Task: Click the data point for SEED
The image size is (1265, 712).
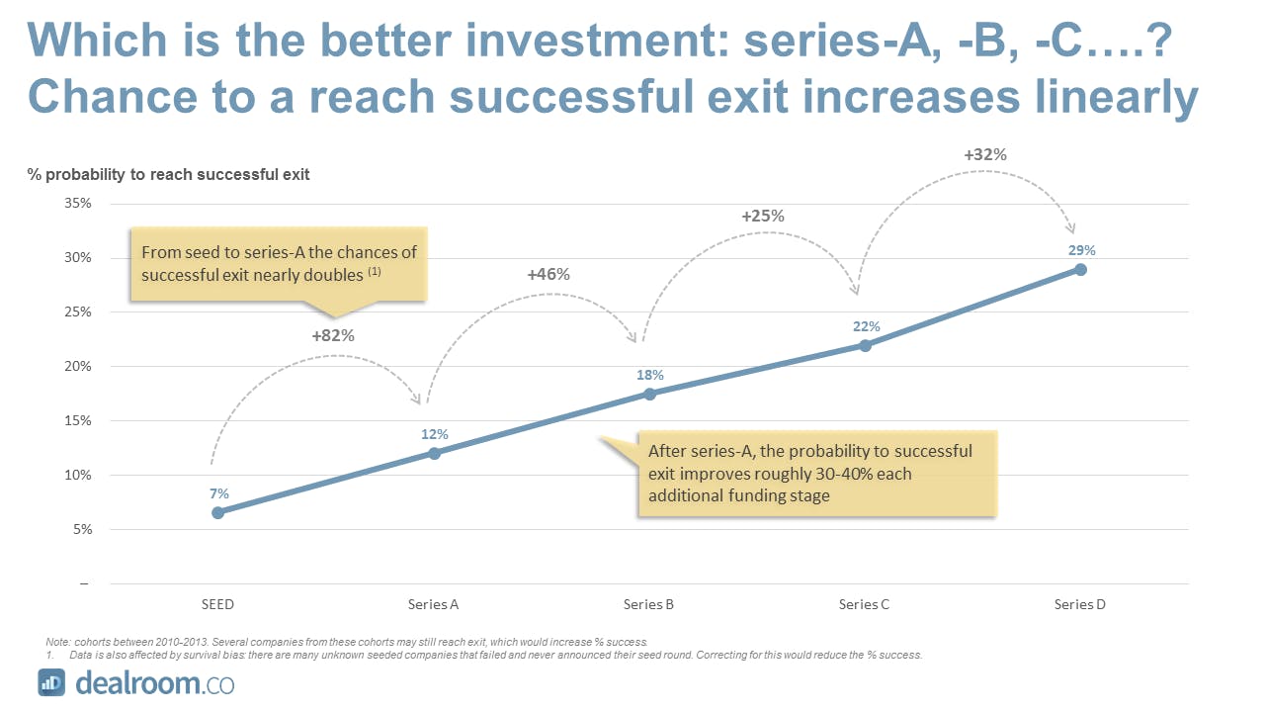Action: pos(218,513)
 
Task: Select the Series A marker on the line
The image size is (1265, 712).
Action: pos(434,453)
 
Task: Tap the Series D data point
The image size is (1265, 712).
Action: pos(1080,270)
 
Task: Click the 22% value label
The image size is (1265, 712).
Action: pos(867,326)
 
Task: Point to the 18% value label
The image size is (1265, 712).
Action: pos(650,375)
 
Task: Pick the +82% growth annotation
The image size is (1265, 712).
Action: pos(333,335)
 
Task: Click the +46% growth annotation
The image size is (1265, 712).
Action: pos(548,275)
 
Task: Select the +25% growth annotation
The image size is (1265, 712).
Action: pos(763,216)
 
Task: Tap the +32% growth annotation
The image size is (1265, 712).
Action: pos(985,155)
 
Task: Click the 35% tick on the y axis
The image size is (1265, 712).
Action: pos(78,203)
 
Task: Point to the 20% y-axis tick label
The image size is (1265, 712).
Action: pos(78,366)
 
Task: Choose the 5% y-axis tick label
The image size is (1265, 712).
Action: pos(82,529)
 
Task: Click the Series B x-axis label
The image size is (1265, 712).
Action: pos(648,604)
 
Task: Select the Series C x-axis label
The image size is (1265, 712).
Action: pos(864,604)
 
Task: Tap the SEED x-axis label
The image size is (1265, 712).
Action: pos(217,604)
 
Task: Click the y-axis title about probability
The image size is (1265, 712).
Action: pos(168,175)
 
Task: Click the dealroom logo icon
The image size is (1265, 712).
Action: pos(51,682)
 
